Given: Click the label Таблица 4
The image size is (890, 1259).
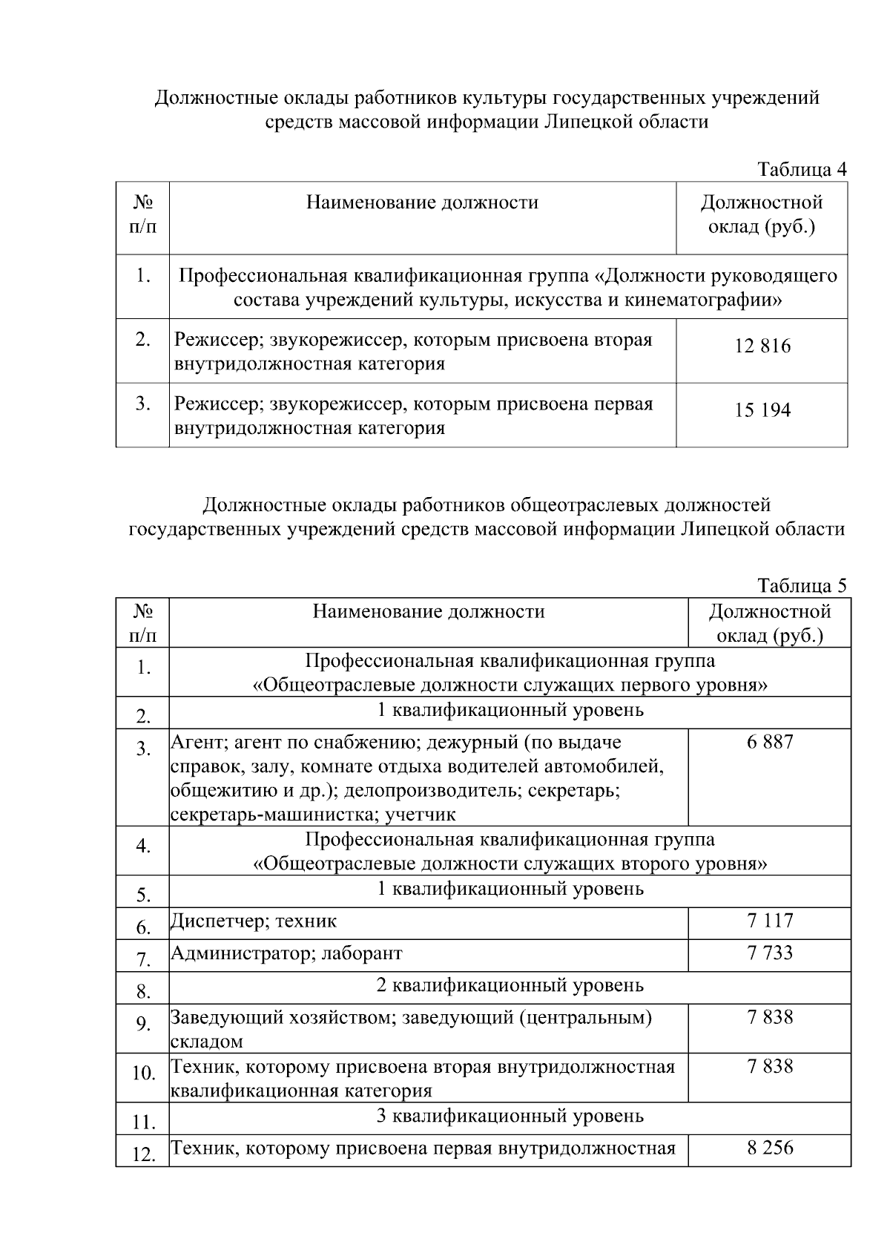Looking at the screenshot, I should (802, 169).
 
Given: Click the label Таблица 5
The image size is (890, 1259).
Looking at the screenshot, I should (802, 586).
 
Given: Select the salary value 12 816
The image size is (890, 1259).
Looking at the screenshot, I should (762, 346).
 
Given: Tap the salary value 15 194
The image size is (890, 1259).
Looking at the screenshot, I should (762, 410).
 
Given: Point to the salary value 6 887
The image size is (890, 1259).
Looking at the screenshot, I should (770, 742).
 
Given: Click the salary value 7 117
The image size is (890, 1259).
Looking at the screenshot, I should (770, 921).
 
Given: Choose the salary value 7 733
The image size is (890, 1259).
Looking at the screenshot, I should (770, 953).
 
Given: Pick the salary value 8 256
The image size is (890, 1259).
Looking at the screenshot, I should (770, 1148).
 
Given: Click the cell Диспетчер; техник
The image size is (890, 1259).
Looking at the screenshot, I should (254, 921).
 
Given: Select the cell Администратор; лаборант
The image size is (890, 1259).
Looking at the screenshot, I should (286, 953).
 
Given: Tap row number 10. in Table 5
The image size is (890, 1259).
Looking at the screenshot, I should (143, 1074).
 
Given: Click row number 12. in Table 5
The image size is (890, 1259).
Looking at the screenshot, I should (143, 1155).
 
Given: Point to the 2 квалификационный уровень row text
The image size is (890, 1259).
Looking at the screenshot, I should (510, 985).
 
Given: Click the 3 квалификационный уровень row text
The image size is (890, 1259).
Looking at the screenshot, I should (510, 1116).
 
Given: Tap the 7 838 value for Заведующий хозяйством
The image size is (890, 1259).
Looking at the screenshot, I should (770, 1017).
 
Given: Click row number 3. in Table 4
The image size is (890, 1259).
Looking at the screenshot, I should (143, 404).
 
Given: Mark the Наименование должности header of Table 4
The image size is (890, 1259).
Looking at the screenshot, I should (423, 203).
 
